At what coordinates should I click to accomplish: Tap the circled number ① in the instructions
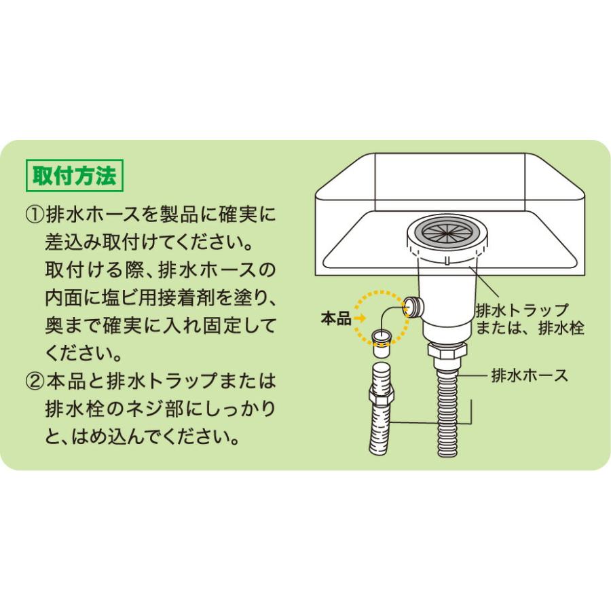click(35, 217)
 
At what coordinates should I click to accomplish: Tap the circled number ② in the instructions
click(35, 380)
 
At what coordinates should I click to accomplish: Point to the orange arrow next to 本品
click(359, 319)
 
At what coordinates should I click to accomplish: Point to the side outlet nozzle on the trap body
click(412, 308)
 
